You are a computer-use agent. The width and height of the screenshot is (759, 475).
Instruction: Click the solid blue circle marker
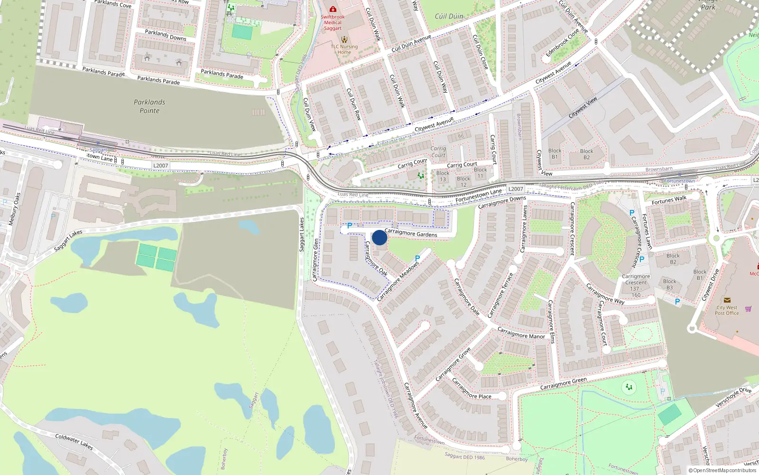click(379, 237)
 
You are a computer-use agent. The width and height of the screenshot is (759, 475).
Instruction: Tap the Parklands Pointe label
click(149, 106)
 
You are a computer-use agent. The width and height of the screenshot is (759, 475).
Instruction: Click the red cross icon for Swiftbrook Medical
click(333, 9)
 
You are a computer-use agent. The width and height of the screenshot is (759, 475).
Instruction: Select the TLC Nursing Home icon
click(344, 39)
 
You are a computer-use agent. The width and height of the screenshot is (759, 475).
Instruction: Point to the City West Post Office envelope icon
click(727, 300)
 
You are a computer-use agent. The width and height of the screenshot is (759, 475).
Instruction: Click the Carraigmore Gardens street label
click(411, 233)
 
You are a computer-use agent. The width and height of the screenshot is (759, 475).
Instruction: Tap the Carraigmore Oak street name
click(376, 259)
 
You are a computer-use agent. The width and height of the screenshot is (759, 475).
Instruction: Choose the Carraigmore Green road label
click(563, 384)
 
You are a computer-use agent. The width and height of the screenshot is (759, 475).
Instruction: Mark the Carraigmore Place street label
click(472, 389)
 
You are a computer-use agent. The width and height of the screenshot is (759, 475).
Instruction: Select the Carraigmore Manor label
click(521, 333)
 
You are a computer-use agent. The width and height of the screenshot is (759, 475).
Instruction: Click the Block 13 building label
click(443, 176)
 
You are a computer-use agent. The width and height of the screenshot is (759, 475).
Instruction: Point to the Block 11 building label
click(480, 172)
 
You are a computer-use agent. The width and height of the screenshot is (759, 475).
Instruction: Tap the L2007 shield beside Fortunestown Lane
click(516, 189)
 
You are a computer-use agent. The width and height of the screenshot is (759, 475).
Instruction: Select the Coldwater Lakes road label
click(74, 442)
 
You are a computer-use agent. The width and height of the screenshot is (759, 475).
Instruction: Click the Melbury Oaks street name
click(15, 209)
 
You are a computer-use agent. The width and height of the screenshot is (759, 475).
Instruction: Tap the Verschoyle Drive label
click(733, 397)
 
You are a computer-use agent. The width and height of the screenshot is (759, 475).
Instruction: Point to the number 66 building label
click(461, 136)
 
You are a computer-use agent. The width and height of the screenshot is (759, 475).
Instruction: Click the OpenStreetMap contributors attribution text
click(722, 471)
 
